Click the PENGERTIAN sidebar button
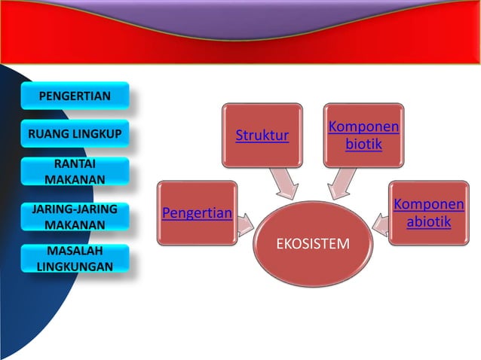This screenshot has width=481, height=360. click(75, 96)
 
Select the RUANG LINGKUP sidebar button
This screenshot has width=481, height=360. click(75, 135)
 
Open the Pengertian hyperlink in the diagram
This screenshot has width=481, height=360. click(198, 213)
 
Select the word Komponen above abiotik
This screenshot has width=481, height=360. click(428, 205)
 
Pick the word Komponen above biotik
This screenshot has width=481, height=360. click(363, 127)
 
